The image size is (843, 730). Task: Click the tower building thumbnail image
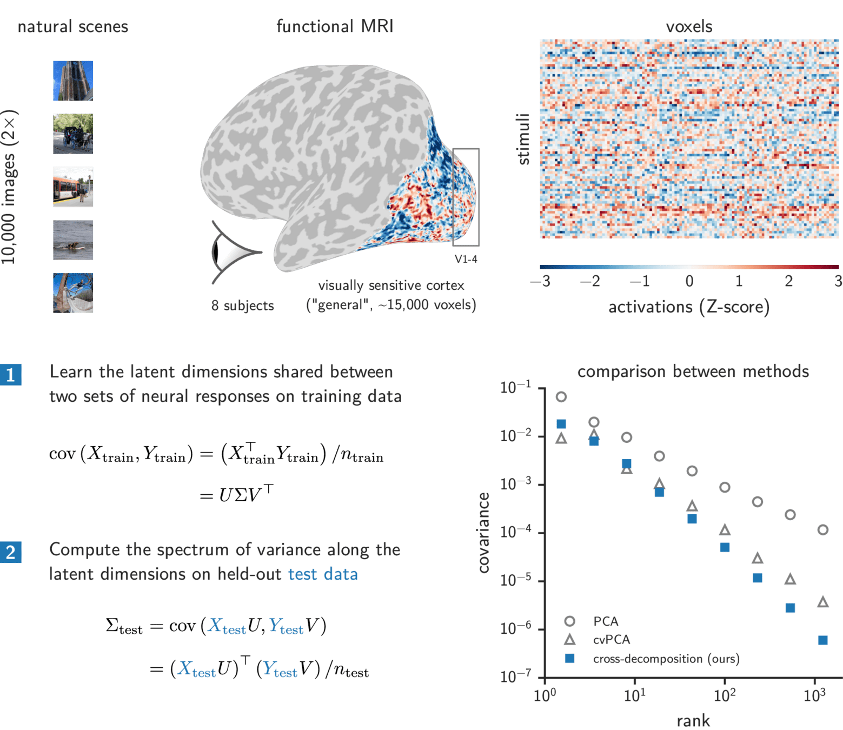(73, 81)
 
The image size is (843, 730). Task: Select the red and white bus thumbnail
(73, 187)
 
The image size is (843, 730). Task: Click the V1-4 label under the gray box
(466, 259)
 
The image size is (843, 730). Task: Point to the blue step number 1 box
(11, 374)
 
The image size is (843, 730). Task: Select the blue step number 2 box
(11, 552)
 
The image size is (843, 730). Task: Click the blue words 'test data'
(323, 574)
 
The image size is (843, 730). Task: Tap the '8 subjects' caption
(242, 306)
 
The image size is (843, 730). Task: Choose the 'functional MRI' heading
(335, 26)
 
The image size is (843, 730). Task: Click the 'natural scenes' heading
(73, 26)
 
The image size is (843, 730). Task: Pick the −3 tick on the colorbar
(540, 281)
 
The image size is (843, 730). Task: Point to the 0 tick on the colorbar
(689, 281)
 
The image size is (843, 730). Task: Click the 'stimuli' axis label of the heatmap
(523, 139)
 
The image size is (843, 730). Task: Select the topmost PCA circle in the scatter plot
(561, 397)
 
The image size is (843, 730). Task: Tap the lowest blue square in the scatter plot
(822, 641)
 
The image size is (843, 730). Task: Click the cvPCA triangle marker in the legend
(569, 640)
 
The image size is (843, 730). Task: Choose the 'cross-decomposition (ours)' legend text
(666, 659)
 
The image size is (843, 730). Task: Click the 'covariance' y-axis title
(483, 533)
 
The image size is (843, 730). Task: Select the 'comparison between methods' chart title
(693, 371)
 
